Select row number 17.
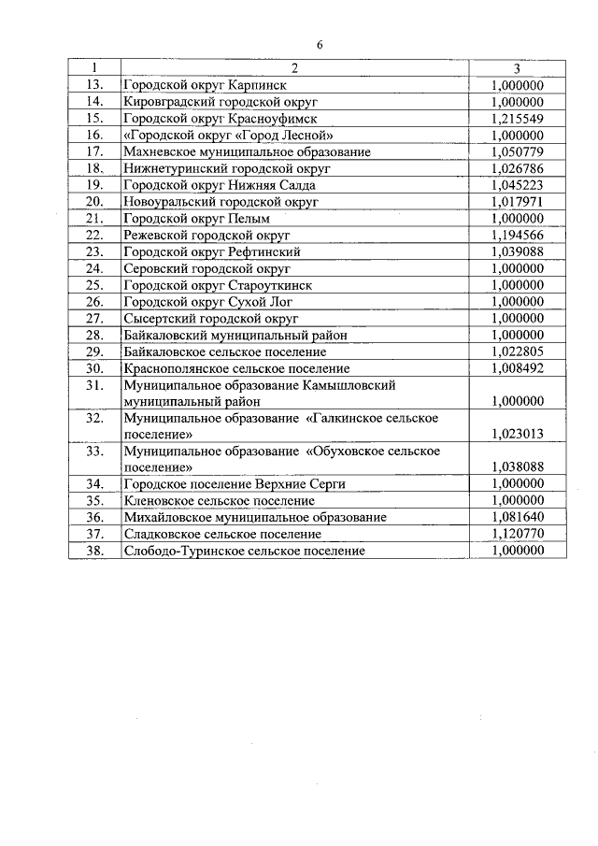point(94,151)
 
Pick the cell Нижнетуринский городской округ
point(227,168)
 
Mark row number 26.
point(94,301)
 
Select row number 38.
point(94,551)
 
